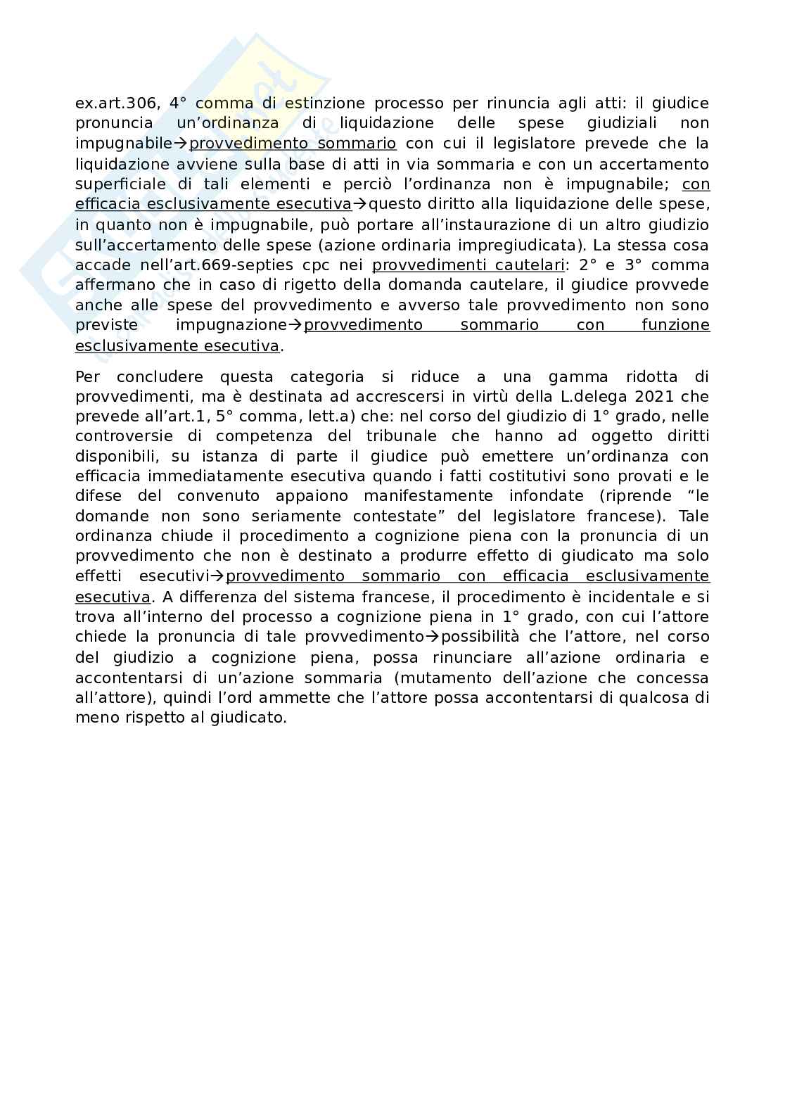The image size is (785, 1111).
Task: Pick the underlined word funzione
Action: coord(675,326)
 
